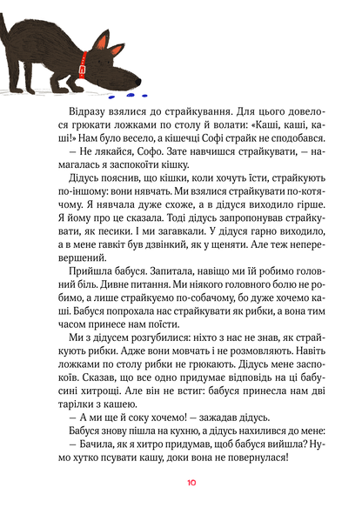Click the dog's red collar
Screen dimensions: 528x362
pos(84,62)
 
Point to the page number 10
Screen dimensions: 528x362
pos(180,506)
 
